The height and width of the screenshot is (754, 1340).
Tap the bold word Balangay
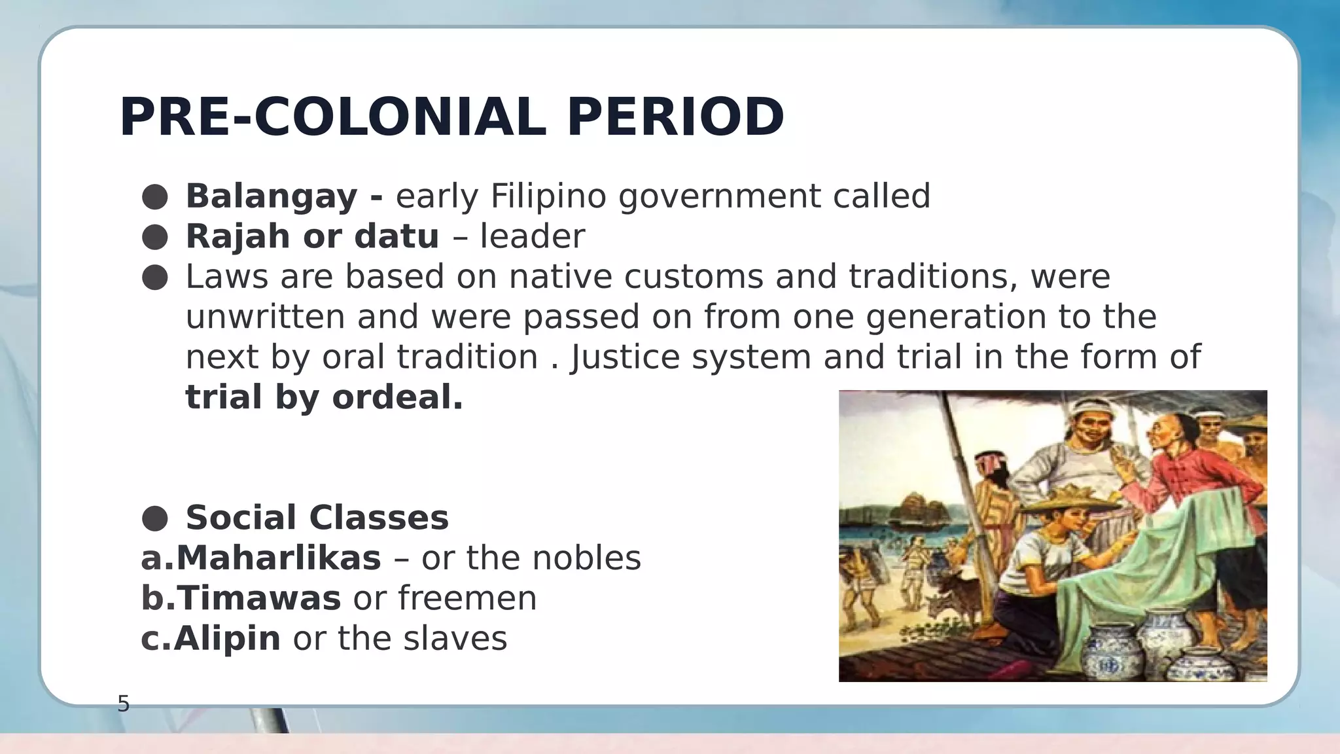(x=272, y=196)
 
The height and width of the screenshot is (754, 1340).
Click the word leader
(x=532, y=236)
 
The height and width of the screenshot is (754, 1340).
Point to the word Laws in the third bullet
(x=226, y=277)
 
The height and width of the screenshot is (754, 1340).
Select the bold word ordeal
(x=397, y=397)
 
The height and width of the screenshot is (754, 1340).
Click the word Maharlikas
(x=278, y=558)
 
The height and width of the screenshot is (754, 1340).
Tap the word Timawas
(x=258, y=598)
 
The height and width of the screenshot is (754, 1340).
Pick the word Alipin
(x=227, y=639)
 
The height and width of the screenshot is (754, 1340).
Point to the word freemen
(x=467, y=598)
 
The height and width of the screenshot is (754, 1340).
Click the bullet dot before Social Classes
(x=155, y=518)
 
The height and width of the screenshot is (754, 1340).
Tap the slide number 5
(x=123, y=704)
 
